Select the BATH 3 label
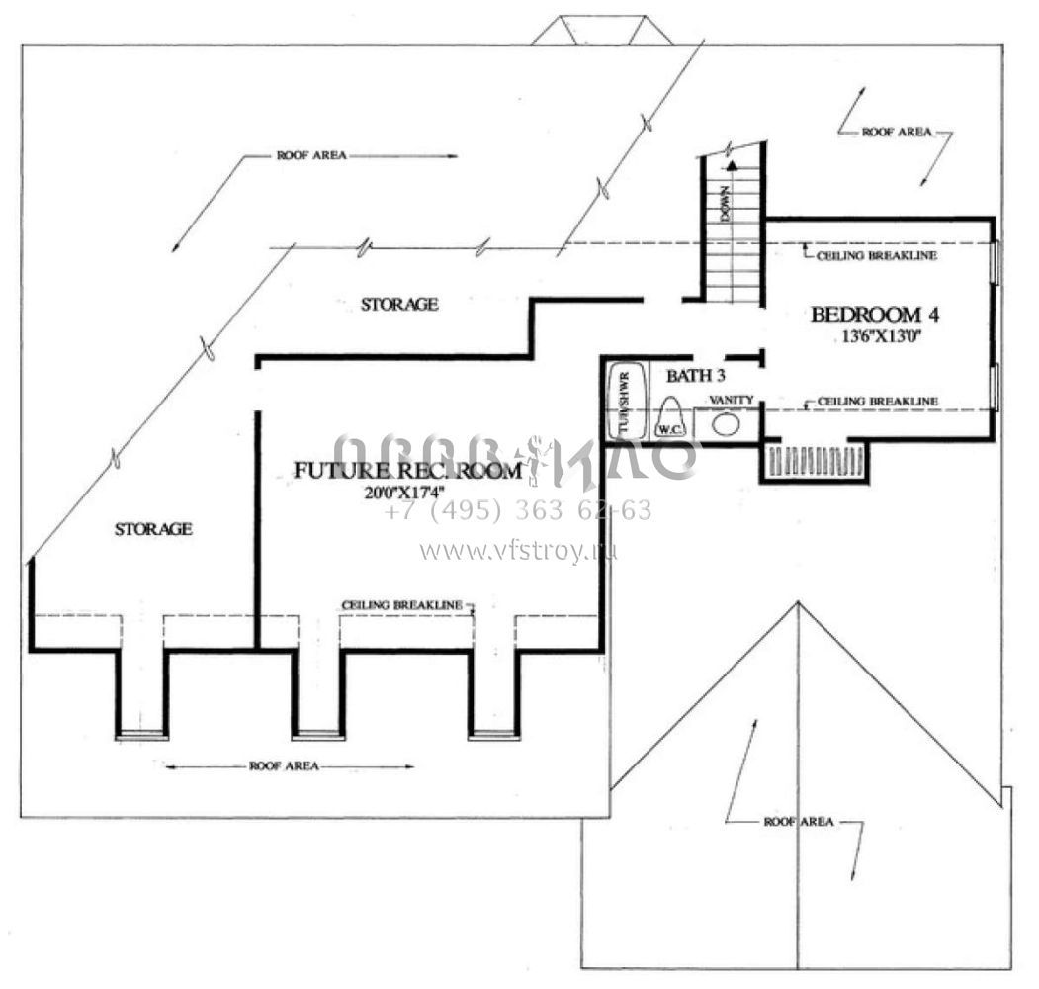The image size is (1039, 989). (696, 375)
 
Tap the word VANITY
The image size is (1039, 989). (732, 399)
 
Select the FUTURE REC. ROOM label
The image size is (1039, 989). (407, 471)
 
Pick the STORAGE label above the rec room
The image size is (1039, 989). (399, 305)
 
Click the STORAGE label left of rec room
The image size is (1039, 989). (153, 529)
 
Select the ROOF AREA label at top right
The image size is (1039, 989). (897, 132)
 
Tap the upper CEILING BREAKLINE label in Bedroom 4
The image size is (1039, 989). (877, 255)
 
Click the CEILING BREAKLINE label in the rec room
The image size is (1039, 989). (402, 603)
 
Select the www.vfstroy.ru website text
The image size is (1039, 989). (518, 551)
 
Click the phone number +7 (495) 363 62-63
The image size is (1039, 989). (518, 511)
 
